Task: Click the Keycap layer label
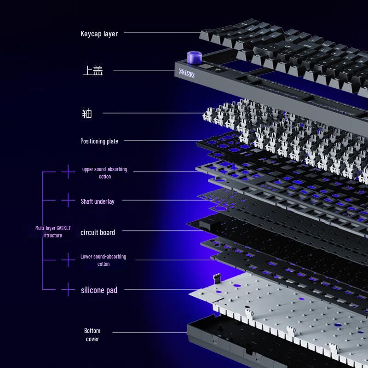(99, 34)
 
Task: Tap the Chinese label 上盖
(92, 71)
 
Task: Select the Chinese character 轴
(87, 113)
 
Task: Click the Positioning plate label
(99, 141)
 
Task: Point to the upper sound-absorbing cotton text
(104, 173)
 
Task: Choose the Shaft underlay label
(98, 201)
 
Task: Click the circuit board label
(98, 232)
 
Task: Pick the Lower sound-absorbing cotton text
(103, 260)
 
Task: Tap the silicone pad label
(99, 290)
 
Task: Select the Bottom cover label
(92, 335)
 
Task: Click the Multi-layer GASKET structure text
(53, 231)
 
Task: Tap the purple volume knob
(193, 58)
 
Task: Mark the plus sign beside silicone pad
(68, 289)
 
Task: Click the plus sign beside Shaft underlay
(68, 201)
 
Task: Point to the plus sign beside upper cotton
(68, 172)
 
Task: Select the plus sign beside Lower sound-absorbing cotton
(68, 260)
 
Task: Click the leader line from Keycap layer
(161, 32)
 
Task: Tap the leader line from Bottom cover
(149, 333)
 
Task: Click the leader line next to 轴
(152, 113)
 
